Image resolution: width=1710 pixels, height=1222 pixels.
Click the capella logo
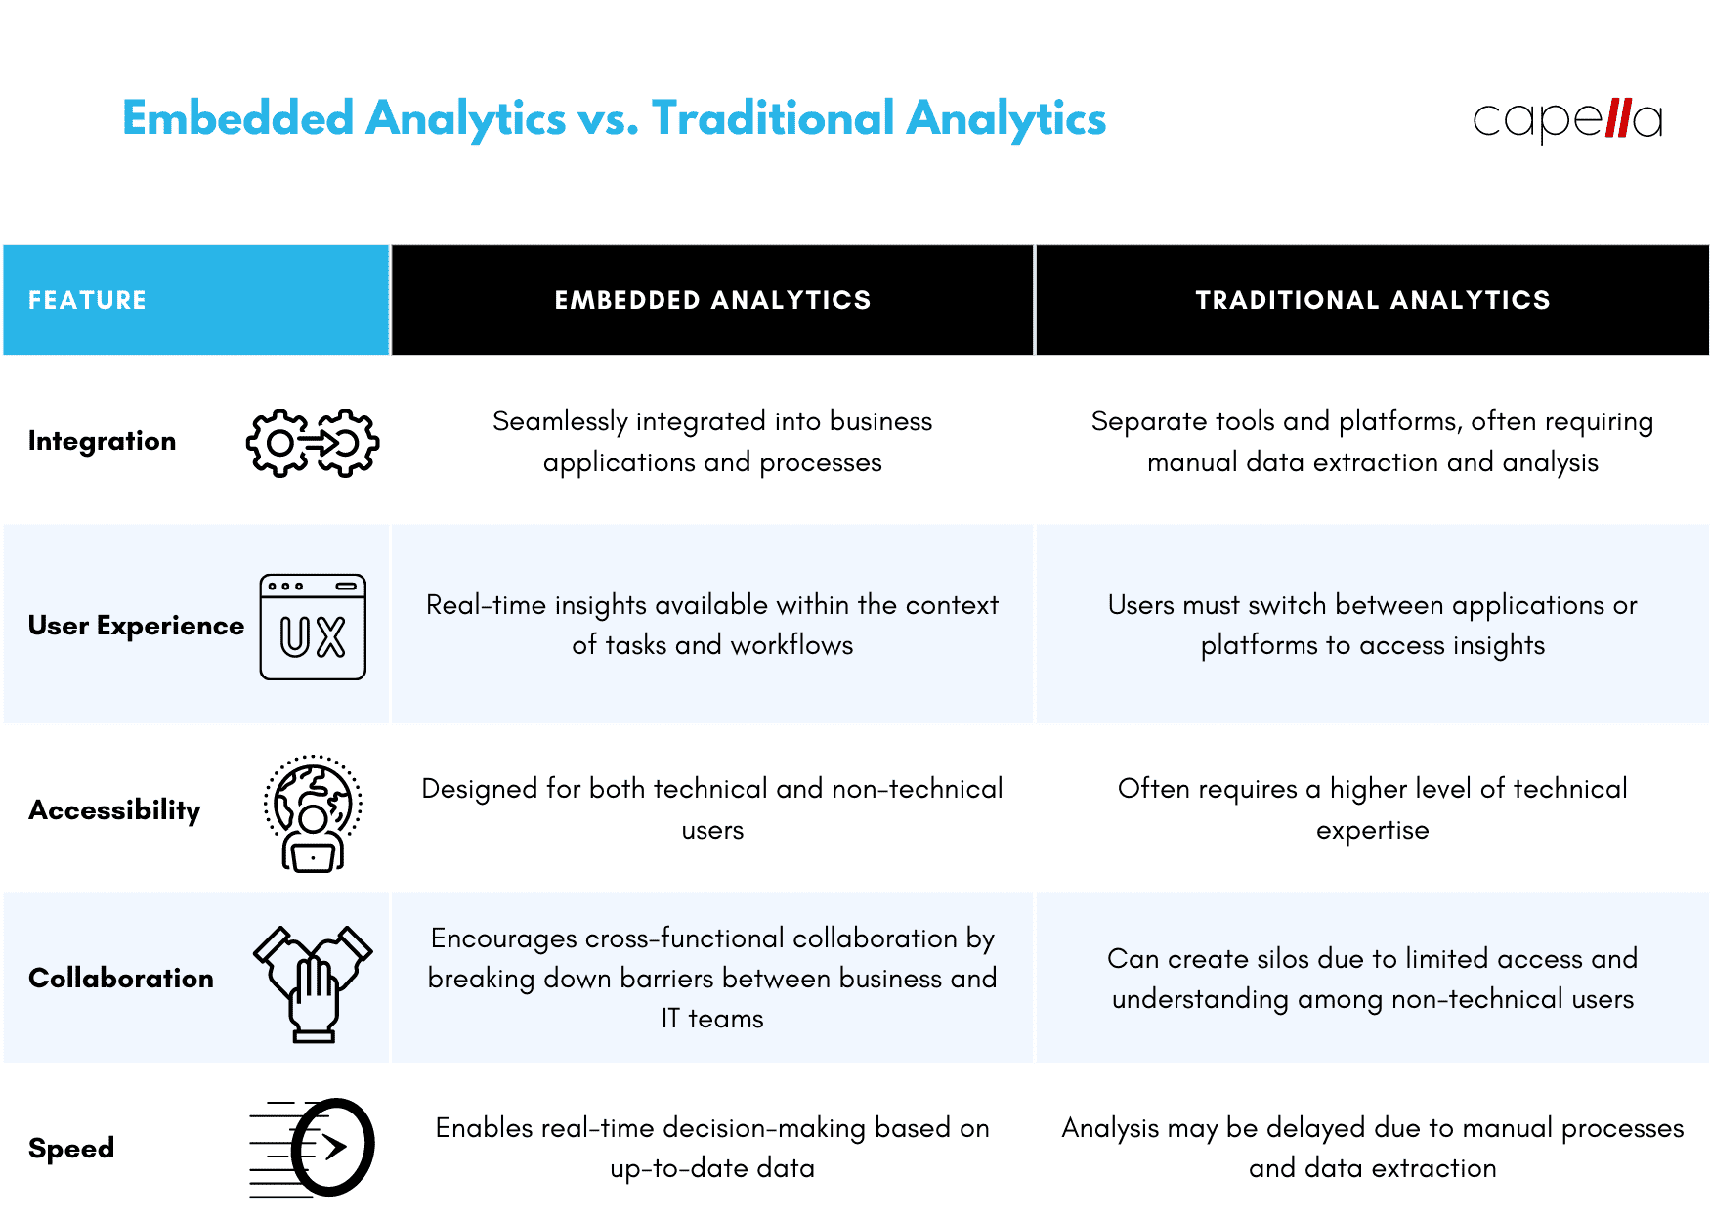[x=1567, y=120]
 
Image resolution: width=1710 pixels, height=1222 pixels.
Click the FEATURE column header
[x=87, y=300]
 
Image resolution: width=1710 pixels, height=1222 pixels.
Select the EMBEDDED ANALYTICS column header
[x=712, y=300]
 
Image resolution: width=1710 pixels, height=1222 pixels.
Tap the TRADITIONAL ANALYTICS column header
[x=1372, y=300]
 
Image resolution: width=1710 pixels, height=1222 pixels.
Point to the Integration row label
[x=102, y=441]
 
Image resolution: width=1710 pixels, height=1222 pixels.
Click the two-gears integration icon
[x=313, y=443]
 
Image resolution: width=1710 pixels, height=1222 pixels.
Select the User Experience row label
[x=136, y=626]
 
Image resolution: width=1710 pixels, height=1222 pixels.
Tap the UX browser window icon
[x=313, y=627]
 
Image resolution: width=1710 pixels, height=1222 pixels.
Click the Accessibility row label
[x=114, y=809]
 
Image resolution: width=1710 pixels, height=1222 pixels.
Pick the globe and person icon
[x=313, y=812]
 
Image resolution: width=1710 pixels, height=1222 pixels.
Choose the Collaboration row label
[x=120, y=978]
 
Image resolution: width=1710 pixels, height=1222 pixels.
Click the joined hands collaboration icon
[x=313, y=982]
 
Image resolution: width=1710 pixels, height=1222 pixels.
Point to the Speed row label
[x=71, y=1148]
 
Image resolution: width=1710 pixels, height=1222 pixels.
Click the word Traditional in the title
[x=773, y=118]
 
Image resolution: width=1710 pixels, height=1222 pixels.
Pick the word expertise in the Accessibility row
[x=1372, y=830]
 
